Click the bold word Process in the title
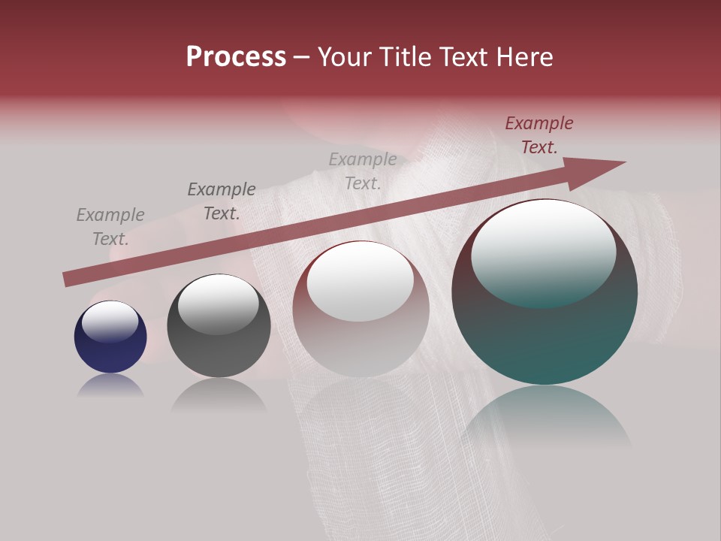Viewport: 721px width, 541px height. pyautogui.click(x=236, y=57)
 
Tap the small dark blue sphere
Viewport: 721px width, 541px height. pyautogui.click(x=110, y=349)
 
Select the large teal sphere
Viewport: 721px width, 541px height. pyautogui.click(x=545, y=338)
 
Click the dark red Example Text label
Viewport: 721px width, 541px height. pyautogui.click(x=538, y=135)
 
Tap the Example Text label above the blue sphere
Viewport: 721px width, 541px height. pyautogui.click(x=110, y=227)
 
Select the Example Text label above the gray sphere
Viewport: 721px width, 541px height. pyautogui.click(x=222, y=201)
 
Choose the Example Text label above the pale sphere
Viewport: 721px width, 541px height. pyautogui.click(x=363, y=171)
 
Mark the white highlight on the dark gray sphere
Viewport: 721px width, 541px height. pyautogui.click(x=218, y=304)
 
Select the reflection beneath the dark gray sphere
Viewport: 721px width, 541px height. pyautogui.click(x=219, y=394)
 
